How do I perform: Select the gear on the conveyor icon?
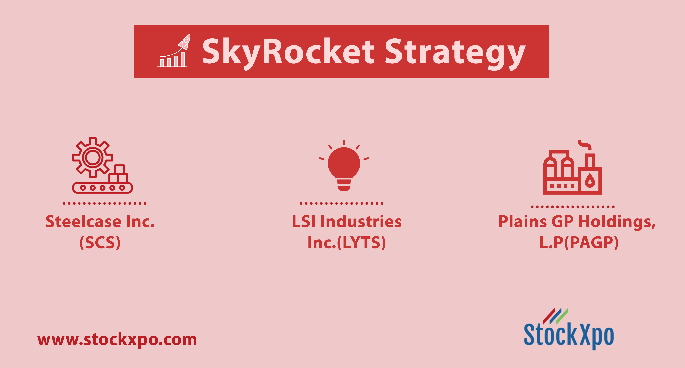click(93, 157)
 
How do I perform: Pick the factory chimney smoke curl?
click(585, 145)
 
